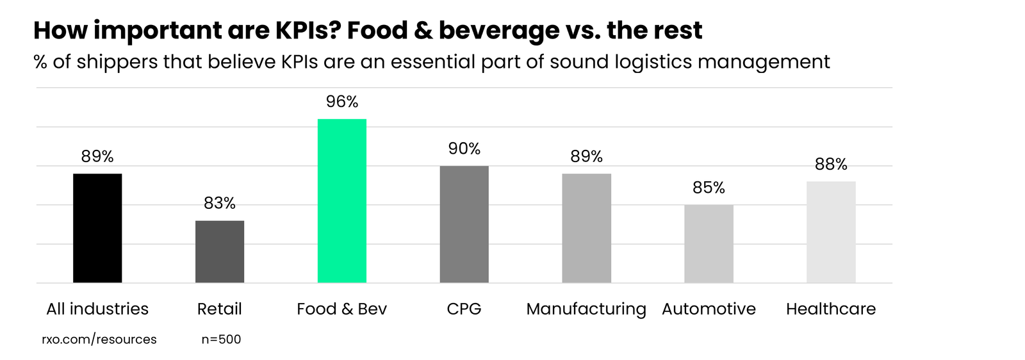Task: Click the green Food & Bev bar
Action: click(341, 200)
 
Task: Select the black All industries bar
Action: click(97, 228)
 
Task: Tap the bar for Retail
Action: click(220, 252)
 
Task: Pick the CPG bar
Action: click(464, 224)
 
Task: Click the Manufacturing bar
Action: click(586, 228)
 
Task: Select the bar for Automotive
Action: click(709, 243)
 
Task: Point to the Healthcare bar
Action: click(831, 232)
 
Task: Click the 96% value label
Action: click(342, 102)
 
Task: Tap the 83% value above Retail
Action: click(220, 203)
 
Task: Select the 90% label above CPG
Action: click(464, 149)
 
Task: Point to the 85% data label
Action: click(709, 188)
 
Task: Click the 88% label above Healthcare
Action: click(831, 165)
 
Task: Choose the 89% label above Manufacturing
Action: click(586, 156)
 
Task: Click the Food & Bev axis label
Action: click(341, 309)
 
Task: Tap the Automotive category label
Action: click(709, 309)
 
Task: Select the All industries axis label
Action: click(97, 309)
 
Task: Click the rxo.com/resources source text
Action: click(99, 340)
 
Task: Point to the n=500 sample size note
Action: click(221, 340)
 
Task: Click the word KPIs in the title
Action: click(299, 30)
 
